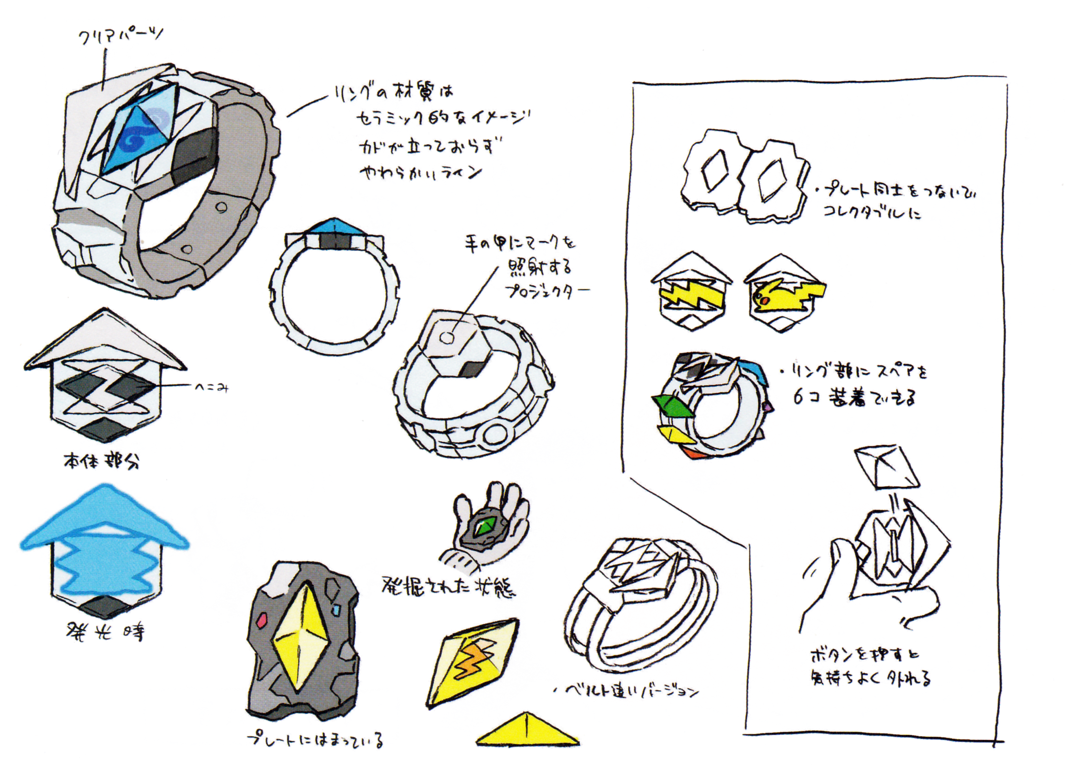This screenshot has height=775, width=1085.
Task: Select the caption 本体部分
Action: click(x=102, y=461)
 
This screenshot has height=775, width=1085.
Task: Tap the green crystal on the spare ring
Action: click(x=673, y=407)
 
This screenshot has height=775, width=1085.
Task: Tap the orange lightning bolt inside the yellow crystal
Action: click(x=472, y=660)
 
